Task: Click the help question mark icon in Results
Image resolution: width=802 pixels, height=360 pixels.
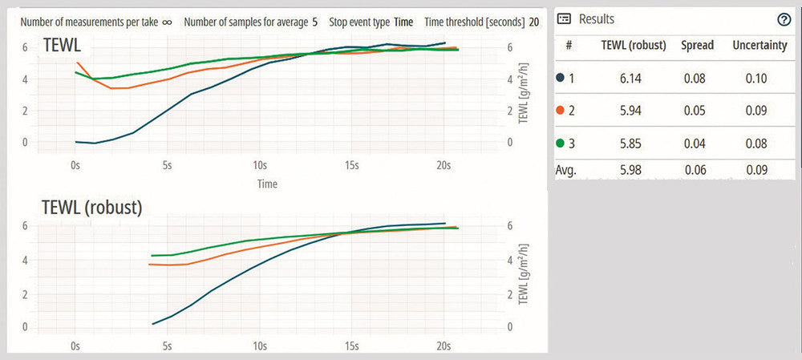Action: [784, 19]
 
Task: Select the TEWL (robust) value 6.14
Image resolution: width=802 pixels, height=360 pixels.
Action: [634, 79]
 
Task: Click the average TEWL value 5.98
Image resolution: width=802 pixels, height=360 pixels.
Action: [634, 171]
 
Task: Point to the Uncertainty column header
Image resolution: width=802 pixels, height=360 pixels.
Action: [759, 46]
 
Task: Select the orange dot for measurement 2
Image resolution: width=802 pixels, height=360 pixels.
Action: [560, 112]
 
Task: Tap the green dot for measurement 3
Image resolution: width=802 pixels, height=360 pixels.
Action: [560, 145]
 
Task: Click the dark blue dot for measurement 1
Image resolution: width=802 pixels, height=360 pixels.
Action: [560, 79]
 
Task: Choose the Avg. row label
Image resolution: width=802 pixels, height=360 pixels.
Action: [566, 171]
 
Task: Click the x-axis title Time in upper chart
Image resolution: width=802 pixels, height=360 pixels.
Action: [267, 184]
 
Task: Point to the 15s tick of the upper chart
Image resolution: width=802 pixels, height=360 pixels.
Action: [350, 165]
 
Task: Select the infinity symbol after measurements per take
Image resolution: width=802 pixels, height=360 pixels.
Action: [167, 22]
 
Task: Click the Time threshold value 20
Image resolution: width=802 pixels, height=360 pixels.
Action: [534, 22]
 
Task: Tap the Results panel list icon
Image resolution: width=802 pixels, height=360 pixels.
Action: [564, 18]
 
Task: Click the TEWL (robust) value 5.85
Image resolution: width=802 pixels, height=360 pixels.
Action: [634, 145]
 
